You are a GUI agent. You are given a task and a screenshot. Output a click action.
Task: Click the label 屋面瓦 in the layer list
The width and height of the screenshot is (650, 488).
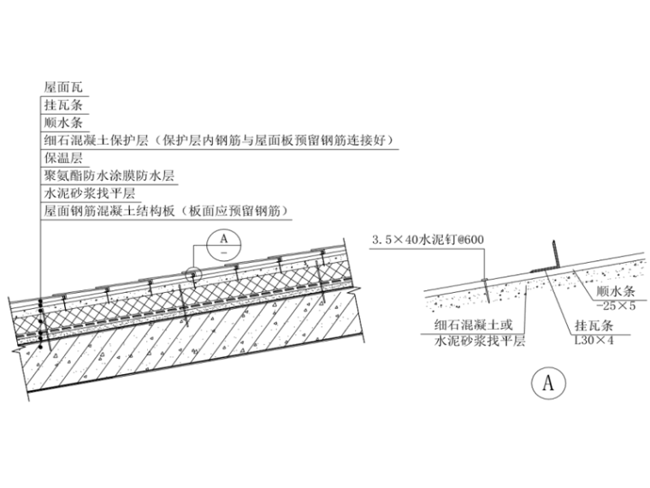(x=64, y=87)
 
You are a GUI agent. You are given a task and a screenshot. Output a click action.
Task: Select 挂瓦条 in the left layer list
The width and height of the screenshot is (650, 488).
(x=64, y=105)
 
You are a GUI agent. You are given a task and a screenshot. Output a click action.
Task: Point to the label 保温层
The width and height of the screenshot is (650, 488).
(x=64, y=158)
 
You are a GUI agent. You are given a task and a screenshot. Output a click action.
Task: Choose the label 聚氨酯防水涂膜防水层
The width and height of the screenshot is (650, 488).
(x=109, y=176)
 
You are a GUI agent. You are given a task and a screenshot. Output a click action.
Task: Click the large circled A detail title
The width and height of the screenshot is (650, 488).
(x=548, y=384)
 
